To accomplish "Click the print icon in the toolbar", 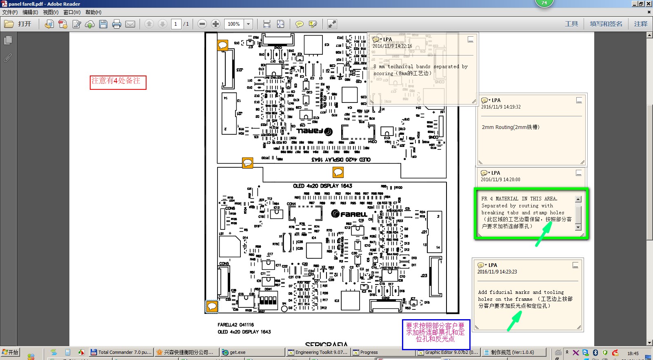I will tap(117, 24).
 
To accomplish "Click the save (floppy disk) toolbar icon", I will tap(103, 24).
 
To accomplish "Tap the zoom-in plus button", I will tap(215, 24).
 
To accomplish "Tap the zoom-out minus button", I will tap(202, 24).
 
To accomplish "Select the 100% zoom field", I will tap(234, 24).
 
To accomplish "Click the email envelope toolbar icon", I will tap(130, 24).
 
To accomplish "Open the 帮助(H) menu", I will tap(93, 12).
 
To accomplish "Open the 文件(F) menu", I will tap(10, 12).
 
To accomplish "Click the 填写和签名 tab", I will tap(606, 24).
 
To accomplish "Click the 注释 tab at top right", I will tap(640, 24).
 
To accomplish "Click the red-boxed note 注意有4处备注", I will tap(118, 81).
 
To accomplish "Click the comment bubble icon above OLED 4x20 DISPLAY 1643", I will tap(338, 172).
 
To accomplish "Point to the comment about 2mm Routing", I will tap(511, 127).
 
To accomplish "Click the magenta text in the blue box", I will tap(435, 332).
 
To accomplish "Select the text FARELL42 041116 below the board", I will tap(235, 325).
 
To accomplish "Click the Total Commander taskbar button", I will tap(121, 352).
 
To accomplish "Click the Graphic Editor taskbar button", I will tap(448, 352).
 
